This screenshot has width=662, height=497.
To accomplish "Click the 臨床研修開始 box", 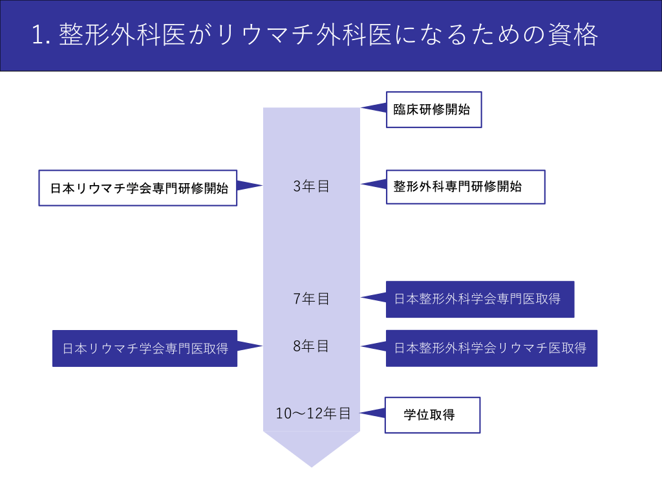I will point(434,109).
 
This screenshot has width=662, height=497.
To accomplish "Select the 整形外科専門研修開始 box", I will point(465,187).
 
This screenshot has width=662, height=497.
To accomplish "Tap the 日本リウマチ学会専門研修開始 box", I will point(138,188).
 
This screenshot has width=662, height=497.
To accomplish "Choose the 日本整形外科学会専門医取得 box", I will point(480,299).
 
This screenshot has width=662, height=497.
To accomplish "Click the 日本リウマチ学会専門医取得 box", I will point(145,348).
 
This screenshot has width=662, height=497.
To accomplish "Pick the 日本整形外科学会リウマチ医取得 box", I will point(491,348).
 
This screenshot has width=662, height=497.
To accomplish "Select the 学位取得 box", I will point(432,415).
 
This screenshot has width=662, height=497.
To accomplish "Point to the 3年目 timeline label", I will point(311,186).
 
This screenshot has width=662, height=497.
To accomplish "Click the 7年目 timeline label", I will point(311,299).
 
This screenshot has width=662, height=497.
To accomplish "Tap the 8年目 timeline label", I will point(311,346).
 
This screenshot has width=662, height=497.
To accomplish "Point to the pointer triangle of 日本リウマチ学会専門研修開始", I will point(249,186).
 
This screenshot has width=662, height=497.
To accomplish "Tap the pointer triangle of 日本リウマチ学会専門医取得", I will point(249,346).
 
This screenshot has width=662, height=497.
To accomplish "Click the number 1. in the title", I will point(41,35).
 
